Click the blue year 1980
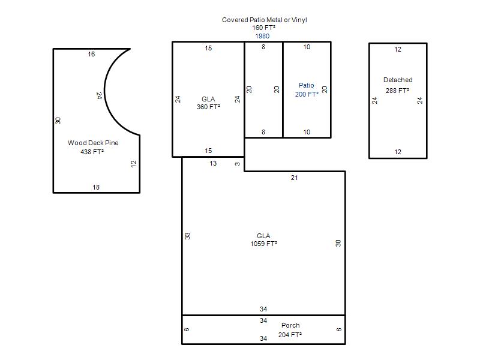[x=262, y=36]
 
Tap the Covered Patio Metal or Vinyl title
[x=265, y=20]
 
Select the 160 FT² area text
[x=263, y=28]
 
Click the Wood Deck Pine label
[x=93, y=143]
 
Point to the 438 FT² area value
[x=92, y=152]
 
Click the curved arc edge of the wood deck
[x=105, y=92]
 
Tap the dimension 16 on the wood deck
[x=91, y=54]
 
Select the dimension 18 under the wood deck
[x=96, y=187]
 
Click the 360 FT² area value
[x=208, y=107]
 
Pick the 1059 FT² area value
[x=263, y=244]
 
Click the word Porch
[x=290, y=325]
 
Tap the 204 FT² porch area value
[x=290, y=335]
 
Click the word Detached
[x=398, y=80]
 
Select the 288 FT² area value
[x=397, y=91]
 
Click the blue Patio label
[x=307, y=85]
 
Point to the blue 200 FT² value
[x=307, y=94]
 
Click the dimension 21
[x=294, y=178]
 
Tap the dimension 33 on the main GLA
[x=187, y=236]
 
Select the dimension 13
[x=213, y=163]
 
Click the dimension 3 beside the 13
[x=238, y=164]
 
